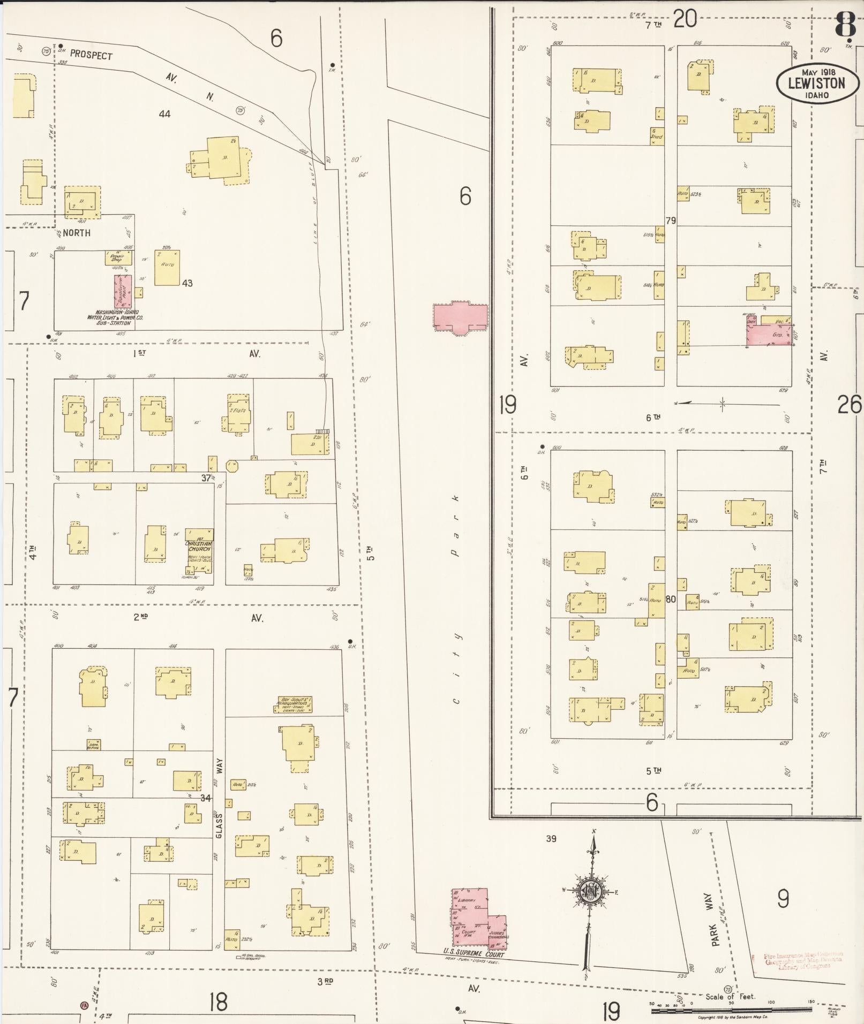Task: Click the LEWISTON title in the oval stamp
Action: [x=816, y=84]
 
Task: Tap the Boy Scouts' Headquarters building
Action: [x=294, y=705]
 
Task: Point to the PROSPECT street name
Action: [x=91, y=55]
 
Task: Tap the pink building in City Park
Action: [x=460, y=318]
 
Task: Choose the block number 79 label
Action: [x=670, y=221]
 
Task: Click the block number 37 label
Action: [x=206, y=478]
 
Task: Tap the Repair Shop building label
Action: [x=117, y=257]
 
